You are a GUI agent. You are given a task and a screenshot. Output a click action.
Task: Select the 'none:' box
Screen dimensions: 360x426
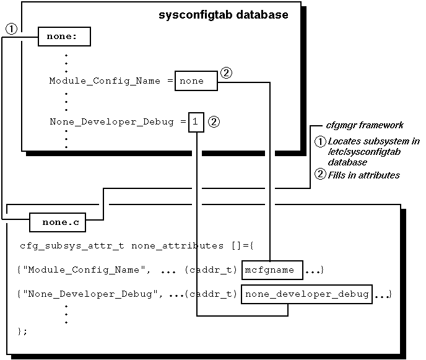pos(64,37)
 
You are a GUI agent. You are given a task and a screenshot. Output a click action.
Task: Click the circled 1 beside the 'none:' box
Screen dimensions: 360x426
pos(11,29)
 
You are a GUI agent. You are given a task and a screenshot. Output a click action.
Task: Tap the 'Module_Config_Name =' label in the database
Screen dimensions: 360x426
pos(110,81)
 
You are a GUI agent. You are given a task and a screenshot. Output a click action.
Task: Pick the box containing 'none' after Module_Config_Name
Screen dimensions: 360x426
pos(197,81)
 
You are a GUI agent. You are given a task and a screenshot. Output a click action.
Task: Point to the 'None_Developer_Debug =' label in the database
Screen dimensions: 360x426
pos(118,122)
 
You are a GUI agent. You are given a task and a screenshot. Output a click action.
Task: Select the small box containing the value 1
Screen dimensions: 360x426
pos(195,122)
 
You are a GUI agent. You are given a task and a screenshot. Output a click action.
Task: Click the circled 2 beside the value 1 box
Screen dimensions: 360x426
pos(214,122)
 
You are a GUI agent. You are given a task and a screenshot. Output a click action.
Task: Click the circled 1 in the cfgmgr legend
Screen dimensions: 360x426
pos(320,141)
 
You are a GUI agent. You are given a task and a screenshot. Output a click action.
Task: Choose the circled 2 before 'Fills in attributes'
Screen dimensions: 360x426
pos(320,175)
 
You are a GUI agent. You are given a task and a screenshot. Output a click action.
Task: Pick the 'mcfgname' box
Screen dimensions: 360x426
pos(272,270)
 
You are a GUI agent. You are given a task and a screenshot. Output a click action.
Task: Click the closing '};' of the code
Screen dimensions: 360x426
pos(24,331)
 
